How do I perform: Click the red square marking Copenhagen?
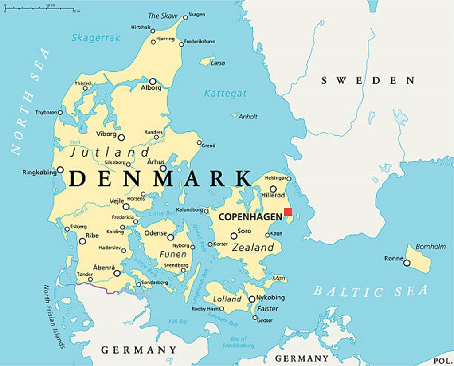coord(288,212)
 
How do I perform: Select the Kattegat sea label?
coord(225,94)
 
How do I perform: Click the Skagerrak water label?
coord(96,38)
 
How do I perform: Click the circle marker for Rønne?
coord(407,263)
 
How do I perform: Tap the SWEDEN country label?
coord(368,80)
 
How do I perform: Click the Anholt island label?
coord(248,117)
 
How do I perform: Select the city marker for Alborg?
coord(153,81)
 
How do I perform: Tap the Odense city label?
coord(156,233)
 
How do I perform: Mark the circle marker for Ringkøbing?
coord(60,170)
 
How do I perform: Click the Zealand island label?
coord(253,248)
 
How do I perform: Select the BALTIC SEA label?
coord(371,291)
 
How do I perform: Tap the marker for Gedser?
coord(255,318)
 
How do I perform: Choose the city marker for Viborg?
coord(121,138)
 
